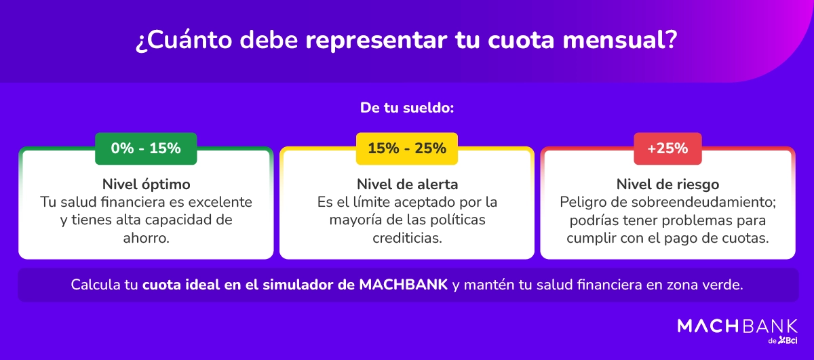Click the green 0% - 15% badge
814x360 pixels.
[x=146, y=148]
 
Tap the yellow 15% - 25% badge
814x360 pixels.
[x=407, y=148]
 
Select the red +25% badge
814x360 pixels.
[x=667, y=148]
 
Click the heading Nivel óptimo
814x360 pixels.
[x=146, y=184]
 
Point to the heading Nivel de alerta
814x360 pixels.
[x=407, y=184]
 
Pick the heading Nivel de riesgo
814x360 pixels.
[x=667, y=184]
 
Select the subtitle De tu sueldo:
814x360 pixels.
[x=407, y=107]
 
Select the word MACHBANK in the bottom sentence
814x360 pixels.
[x=402, y=285]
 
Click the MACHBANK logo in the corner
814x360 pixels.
[x=737, y=326]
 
